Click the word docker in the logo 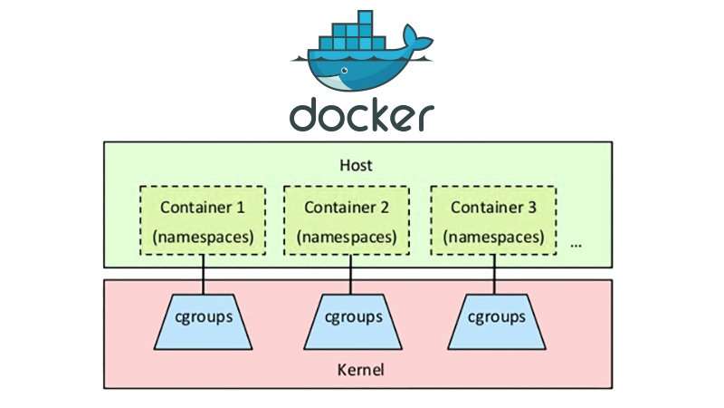pyautogui.click(x=361, y=115)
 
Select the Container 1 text pyautogui.click(x=202, y=207)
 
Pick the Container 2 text pyautogui.click(x=347, y=207)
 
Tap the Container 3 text pyautogui.click(x=493, y=207)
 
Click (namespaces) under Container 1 pyautogui.click(x=202, y=238)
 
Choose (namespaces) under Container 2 pyautogui.click(x=347, y=238)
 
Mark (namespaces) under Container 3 pyautogui.click(x=493, y=238)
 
